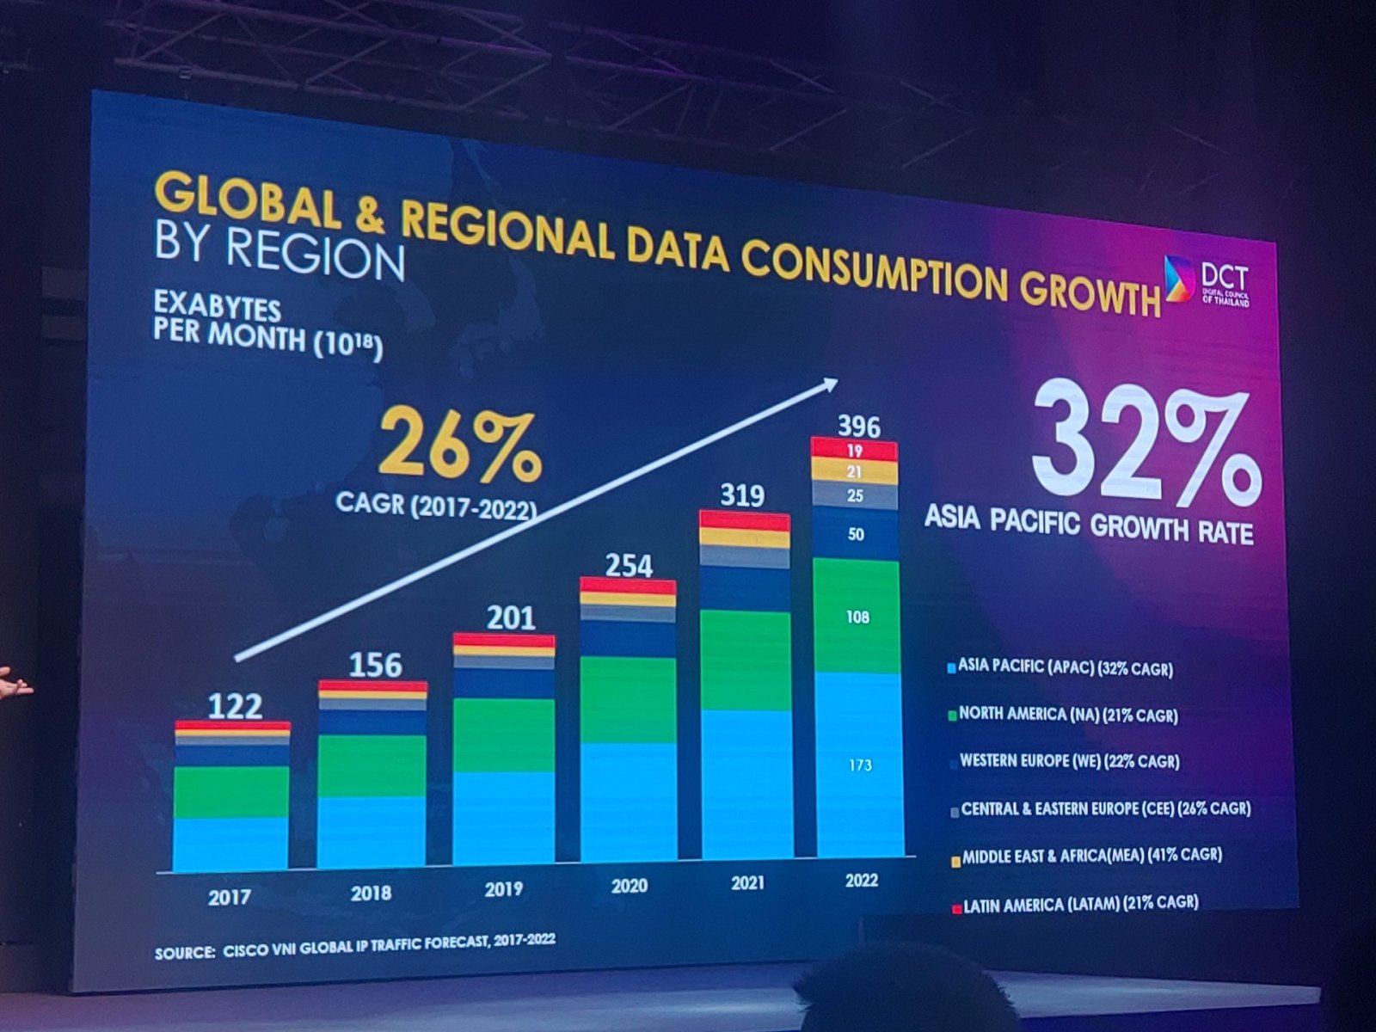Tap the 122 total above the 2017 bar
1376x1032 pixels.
[x=235, y=706]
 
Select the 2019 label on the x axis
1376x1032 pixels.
[x=504, y=889]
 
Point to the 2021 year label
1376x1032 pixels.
[x=748, y=883]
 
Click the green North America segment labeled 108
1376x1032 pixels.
[x=857, y=617]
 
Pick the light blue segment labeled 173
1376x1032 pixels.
[x=860, y=765]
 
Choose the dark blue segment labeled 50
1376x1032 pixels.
[x=856, y=534]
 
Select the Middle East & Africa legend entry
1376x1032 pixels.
[x=1086, y=857]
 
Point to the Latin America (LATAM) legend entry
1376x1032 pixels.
[x=1075, y=904]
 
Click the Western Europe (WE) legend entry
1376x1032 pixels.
[x=1065, y=761]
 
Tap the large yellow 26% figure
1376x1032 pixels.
[x=459, y=446]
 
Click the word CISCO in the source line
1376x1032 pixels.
[x=238, y=950]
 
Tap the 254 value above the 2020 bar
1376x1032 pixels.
[x=629, y=565]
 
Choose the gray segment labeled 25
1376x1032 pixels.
[x=855, y=495]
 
